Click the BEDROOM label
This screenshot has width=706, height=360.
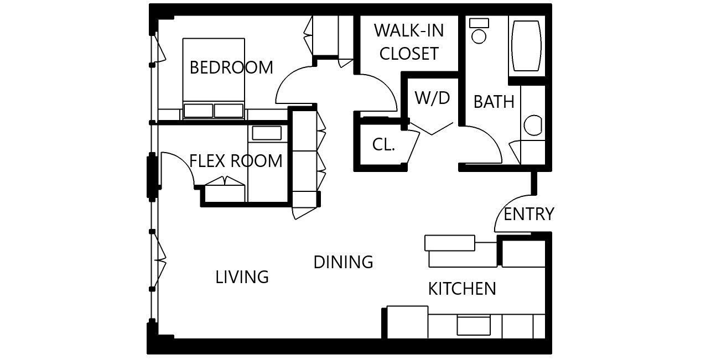[x=231, y=67]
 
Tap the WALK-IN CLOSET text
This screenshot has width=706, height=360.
[x=409, y=42]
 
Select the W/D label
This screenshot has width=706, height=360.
[x=432, y=98]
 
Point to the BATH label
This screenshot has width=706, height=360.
[x=494, y=102]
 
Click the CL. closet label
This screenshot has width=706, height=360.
[x=383, y=144]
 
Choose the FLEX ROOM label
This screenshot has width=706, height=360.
[x=236, y=161]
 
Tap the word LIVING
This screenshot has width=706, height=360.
[x=242, y=277]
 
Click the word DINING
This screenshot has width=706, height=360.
[x=343, y=262]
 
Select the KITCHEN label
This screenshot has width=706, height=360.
[x=462, y=289]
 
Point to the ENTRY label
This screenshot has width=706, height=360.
[x=528, y=214]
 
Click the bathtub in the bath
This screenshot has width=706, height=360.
[x=526, y=46]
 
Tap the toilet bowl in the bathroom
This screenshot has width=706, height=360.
[x=479, y=36]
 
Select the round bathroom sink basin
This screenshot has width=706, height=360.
[x=533, y=126]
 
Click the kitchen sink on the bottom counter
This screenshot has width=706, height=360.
[x=474, y=326]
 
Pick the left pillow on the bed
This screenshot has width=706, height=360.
[x=198, y=111]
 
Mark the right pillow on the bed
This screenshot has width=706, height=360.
[x=229, y=111]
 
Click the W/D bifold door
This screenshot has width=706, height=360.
[x=432, y=129]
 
